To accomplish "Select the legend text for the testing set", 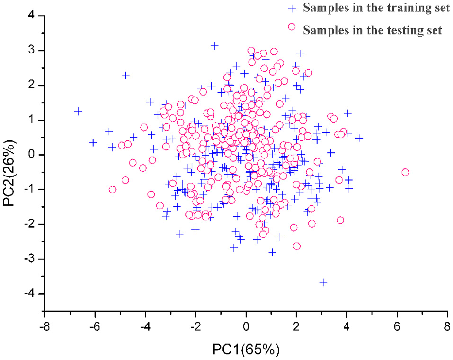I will coord(373,30).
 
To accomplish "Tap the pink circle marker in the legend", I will coord(292,27).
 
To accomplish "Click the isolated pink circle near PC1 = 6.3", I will coord(405,172).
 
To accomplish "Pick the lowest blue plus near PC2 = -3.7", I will coord(323,282).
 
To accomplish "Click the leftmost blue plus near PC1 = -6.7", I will coord(78,111).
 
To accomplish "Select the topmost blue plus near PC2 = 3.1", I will coord(214,46).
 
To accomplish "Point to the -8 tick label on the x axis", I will coord(44,327).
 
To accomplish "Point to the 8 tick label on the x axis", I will coord(447,327).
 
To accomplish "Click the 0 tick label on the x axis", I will coord(246,327).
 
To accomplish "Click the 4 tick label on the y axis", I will coord(32,16).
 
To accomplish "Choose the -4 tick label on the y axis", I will coord(30,294).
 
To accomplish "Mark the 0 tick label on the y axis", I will coord(32,155).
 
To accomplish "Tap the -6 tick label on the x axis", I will coord(95,327).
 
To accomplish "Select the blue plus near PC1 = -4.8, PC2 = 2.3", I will coord(126,76).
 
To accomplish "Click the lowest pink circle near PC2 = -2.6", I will coord(297,246).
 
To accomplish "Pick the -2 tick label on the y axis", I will coord(30,224).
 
